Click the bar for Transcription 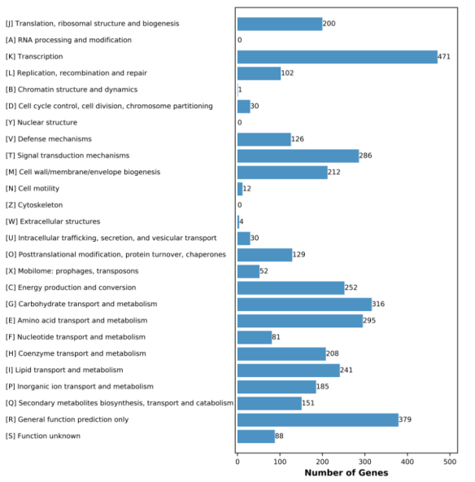(x=338, y=57)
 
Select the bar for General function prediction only (x=318, y=420)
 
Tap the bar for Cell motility (x=240, y=189)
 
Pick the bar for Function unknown (x=256, y=436)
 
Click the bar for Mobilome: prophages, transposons (x=248, y=271)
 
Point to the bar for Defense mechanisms (x=264, y=139)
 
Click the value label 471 (x=444, y=56)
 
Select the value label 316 (x=378, y=304)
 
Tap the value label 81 (x=276, y=337)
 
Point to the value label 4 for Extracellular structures (x=242, y=221)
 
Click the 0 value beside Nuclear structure (x=239, y=122)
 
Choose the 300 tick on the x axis (x=364, y=462)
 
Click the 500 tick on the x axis (x=450, y=462)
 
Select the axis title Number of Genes (x=346, y=472)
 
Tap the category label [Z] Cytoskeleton (x=34, y=205)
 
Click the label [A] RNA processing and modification (x=68, y=40)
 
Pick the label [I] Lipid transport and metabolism (x=64, y=370)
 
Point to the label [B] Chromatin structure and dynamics (x=72, y=90)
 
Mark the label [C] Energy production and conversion (x=71, y=287)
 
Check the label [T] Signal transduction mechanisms (x=68, y=156)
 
